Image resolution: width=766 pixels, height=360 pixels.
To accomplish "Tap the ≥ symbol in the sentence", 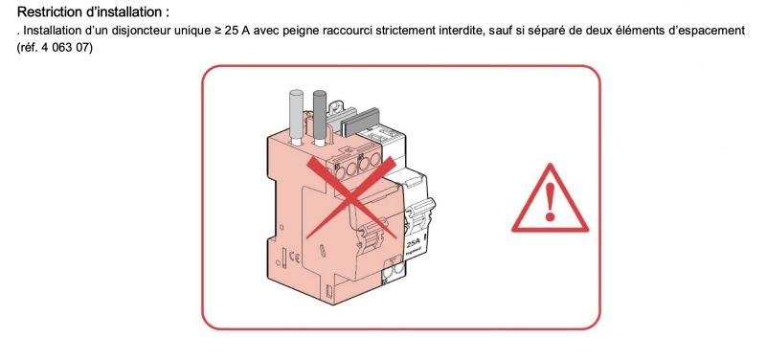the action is coord(216,32).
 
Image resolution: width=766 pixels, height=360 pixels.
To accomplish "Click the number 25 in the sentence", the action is coord(230,31).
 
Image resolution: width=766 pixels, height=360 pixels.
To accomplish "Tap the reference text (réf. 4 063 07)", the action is coord(55,49).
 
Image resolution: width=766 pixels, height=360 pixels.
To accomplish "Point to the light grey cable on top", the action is coord(297,116).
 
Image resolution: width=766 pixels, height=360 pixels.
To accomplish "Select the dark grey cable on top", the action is coord(320,117).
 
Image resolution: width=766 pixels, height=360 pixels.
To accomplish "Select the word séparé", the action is coord(543,32).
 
